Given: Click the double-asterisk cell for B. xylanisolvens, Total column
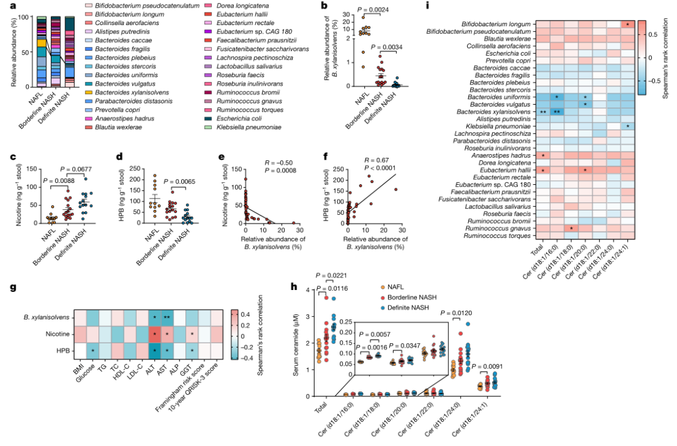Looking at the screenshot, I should click(x=543, y=111).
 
